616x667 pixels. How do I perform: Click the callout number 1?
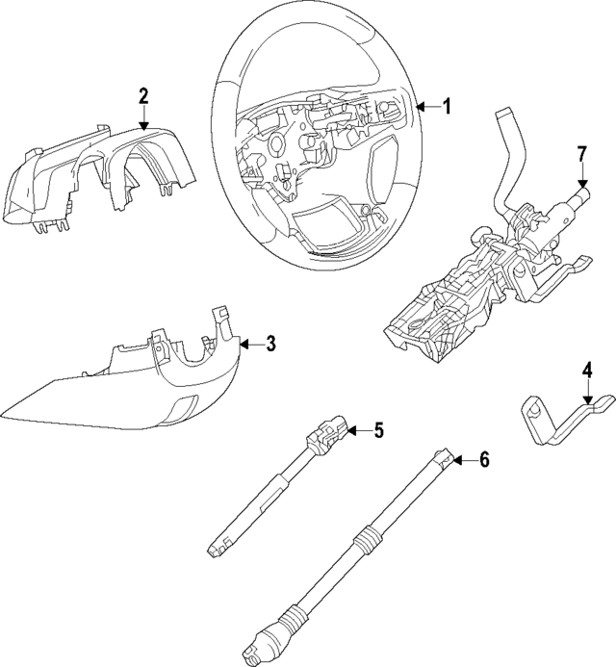pyautogui.click(x=446, y=107)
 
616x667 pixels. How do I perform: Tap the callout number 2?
pyautogui.click(x=142, y=95)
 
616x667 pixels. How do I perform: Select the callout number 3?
pyautogui.click(x=271, y=344)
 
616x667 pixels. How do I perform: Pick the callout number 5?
pyautogui.click(x=378, y=430)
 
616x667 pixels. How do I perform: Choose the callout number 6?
pyautogui.click(x=483, y=461)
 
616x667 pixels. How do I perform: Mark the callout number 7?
pyautogui.click(x=581, y=154)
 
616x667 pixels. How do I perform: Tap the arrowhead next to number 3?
pyautogui.click(x=243, y=344)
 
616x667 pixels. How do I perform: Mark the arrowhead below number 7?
pyautogui.click(x=581, y=185)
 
